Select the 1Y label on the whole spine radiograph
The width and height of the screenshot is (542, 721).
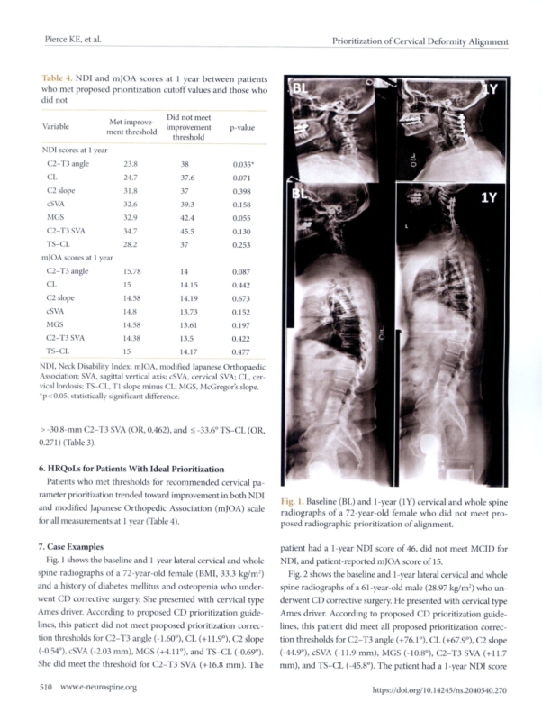click(484, 200)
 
